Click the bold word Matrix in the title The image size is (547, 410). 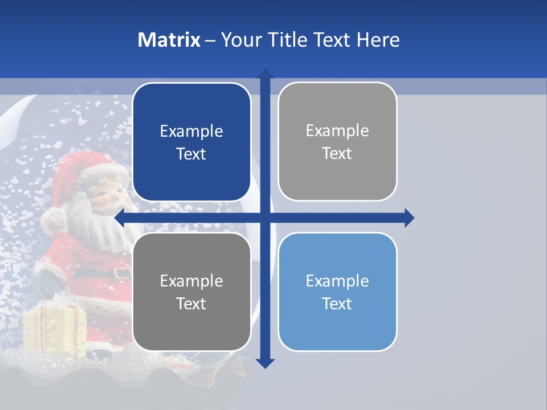coord(169,40)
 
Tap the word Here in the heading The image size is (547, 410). coord(378,40)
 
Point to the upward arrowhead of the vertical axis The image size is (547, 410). coord(265,74)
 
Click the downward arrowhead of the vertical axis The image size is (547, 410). coord(265,363)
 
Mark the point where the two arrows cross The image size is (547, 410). coord(265,218)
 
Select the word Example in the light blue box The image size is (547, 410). coord(337,281)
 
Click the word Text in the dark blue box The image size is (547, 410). coord(191,154)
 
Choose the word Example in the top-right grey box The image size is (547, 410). coord(337,131)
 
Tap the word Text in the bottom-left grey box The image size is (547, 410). coord(191,304)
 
